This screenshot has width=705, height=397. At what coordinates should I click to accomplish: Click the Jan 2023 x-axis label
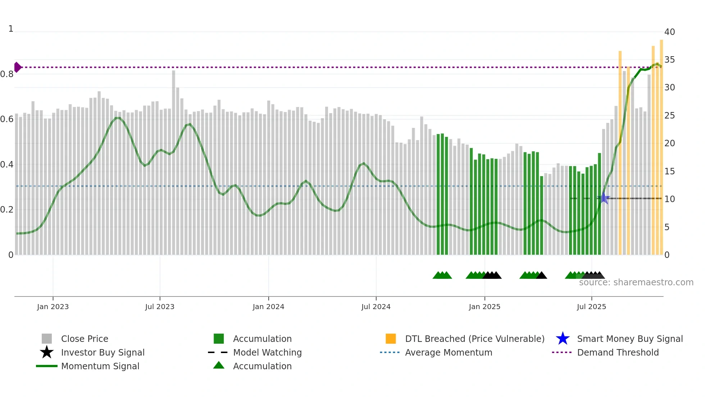pyautogui.click(x=53, y=307)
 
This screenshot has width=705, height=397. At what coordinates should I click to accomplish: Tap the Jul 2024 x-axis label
pyautogui.click(x=376, y=307)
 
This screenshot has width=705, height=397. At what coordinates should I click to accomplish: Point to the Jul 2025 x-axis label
pyautogui.click(x=591, y=307)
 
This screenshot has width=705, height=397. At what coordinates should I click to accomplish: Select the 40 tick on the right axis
pyautogui.click(x=669, y=32)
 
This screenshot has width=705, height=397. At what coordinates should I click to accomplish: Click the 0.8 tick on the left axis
pyautogui.click(x=7, y=74)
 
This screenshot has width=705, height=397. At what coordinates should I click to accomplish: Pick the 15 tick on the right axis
pyautogui.click(x=669, y=171)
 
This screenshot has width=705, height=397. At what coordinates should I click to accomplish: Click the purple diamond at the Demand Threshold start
pyautogui.click(x=17, y=67)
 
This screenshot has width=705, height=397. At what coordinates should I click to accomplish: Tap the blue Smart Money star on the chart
pyautogui.click(x=604, y=198)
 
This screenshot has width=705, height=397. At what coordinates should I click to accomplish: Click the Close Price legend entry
pyautogui.click(x=85, y=339)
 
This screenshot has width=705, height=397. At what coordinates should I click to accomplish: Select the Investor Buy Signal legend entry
pyautogui.click(x=103, y=352)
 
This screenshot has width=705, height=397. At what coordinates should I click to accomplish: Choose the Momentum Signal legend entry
pyautogui.click(x=100, y=366)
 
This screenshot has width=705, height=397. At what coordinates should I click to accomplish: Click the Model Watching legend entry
pyautogui.click(x=267, y=352)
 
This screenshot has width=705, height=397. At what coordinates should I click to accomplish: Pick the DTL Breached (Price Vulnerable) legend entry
pyautogui.click(x=474, y=339)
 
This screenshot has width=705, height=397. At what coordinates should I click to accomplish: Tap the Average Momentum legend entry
pyautogui.click(x=449, y=352)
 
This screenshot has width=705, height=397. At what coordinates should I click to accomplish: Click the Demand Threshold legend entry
pyautogui.click(x=618, y=352)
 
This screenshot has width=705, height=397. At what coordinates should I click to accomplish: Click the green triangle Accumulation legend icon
pyautogui.click(x=219, y=365)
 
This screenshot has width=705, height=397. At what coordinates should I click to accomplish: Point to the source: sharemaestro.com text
pyautogui.click(x=636, y=282)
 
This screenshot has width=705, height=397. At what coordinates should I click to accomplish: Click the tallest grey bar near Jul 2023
pyautogui.click(x=173, y=162)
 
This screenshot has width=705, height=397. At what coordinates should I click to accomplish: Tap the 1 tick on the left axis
pyautogui.click(x=11, y=29)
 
